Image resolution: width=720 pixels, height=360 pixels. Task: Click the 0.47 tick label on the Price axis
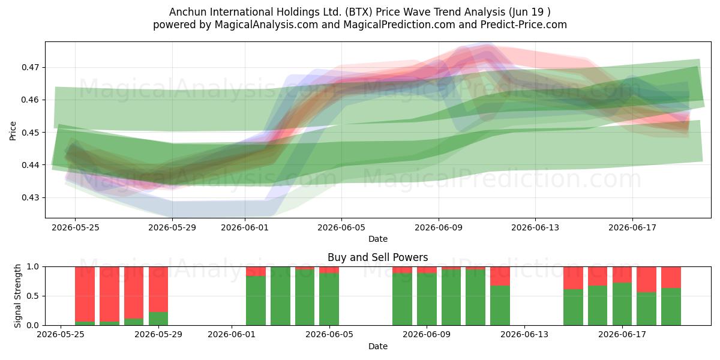30,67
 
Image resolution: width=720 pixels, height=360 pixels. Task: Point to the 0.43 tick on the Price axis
30,197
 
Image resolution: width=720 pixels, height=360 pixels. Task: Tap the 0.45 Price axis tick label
30,133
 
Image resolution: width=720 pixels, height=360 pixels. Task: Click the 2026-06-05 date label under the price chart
341,227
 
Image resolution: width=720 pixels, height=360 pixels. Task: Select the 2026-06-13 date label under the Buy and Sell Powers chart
524,334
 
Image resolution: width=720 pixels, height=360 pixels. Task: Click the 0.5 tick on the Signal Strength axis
33,296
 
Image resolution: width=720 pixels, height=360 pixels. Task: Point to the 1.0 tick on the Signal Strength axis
33,266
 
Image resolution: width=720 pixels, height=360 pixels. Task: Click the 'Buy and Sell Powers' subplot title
377,257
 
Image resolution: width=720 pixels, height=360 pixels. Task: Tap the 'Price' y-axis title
13,131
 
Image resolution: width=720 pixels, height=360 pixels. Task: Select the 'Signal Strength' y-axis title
17,296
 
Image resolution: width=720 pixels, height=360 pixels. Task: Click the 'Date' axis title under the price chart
378,239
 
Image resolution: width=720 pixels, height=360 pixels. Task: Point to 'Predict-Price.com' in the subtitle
524,25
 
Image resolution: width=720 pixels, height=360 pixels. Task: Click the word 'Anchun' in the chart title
188,12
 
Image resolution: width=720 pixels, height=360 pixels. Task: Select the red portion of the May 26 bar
85,294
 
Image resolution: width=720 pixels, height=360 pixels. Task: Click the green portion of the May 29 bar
158,319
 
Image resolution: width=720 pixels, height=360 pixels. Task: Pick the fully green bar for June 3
280,296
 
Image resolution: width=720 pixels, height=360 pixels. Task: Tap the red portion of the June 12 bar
500,276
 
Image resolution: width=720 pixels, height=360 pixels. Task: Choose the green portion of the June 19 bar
671,307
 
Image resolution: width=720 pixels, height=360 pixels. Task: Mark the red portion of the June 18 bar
646,280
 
